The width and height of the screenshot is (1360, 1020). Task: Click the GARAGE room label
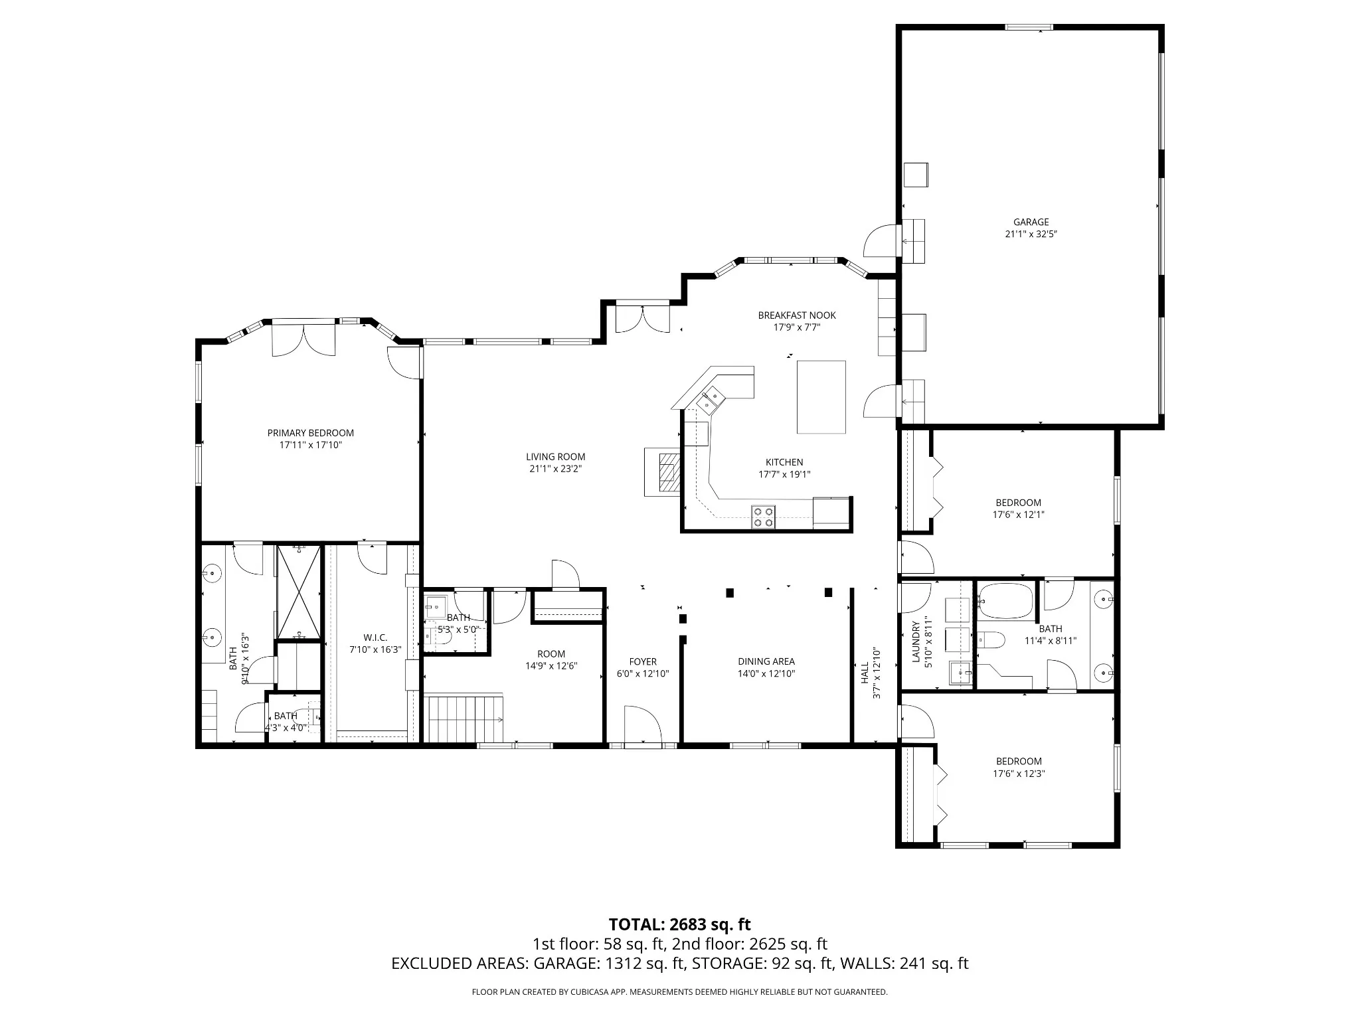(x=1031, y=222)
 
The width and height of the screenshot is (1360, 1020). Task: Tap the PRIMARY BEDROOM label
(x=311, y=433)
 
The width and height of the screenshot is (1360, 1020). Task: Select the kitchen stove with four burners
(x=763, y=517)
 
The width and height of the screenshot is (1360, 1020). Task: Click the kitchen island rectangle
(x=821, y=397)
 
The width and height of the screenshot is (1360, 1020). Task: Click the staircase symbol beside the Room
(x=464, y=718)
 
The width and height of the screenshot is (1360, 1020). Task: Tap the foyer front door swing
(x=643, y=725)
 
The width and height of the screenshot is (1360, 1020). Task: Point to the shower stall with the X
(x=299, y=592)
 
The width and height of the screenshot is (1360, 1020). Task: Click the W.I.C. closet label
(x=375, y=638)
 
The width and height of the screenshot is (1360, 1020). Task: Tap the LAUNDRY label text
(x=916, y=642)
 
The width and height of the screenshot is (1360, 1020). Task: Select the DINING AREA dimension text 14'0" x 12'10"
(x=766, y=673)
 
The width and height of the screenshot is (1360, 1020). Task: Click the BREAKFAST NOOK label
(x=797, y=315)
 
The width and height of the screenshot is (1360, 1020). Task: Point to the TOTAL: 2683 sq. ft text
(x=680, y=924)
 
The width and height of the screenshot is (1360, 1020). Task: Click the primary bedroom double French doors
(x=303, y=339)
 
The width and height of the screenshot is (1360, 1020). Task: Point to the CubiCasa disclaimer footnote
(x=679, y=992)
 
